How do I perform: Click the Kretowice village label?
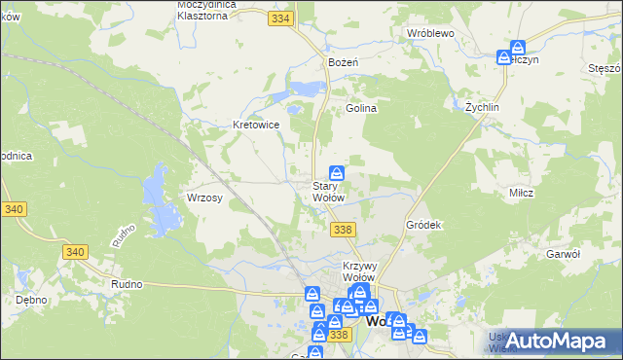click(257, 125)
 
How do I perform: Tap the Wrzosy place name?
click(205, 198)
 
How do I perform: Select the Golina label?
click(361, 109)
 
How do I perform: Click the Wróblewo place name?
click(431, 32)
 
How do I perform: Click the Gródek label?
click(423, 225)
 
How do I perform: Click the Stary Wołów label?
click(328, 192)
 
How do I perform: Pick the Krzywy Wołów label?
click(360, 271)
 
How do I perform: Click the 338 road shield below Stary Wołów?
click(341, 229)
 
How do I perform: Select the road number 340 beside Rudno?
click(75, 252)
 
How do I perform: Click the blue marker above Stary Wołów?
click(336, 171)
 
